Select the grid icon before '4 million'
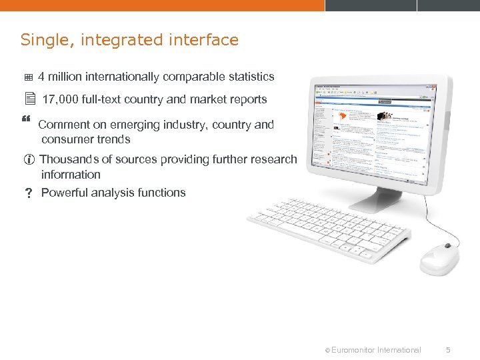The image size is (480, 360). [x=29, y=77]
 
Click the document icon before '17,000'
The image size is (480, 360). [x=29, y=99]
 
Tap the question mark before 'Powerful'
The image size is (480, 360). [x=29, y=193]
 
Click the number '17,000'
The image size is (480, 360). [x=60, y=99]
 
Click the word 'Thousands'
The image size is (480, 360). [x=69, y=159]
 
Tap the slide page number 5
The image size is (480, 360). [x=449, y=349]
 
